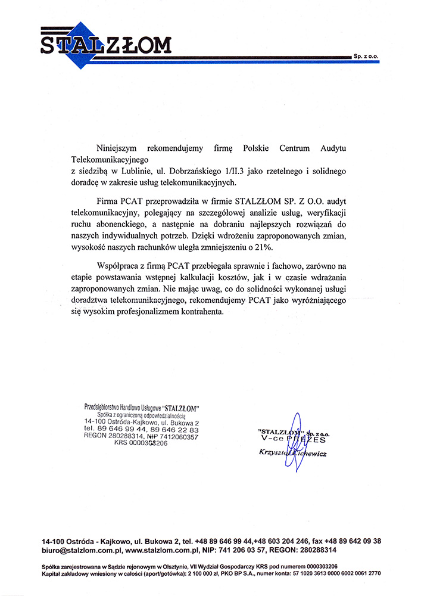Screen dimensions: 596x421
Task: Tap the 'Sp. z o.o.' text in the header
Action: (x=366, y=55)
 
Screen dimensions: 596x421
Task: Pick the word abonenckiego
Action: (x=117, y=225)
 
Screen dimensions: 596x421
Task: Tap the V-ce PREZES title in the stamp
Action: (x=294, y=440)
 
